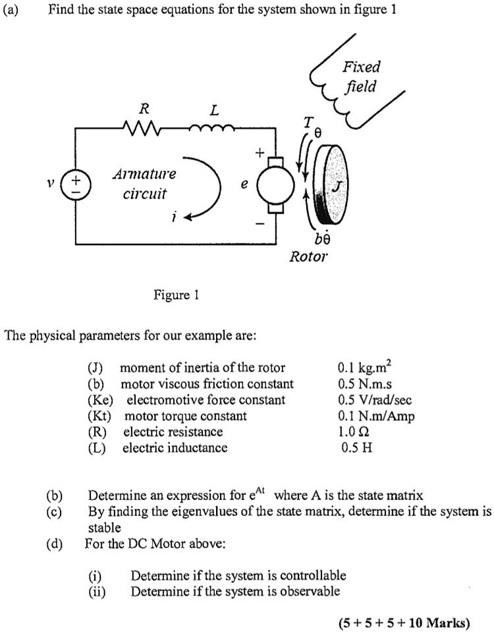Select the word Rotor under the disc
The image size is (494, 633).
tap(308, 256)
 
